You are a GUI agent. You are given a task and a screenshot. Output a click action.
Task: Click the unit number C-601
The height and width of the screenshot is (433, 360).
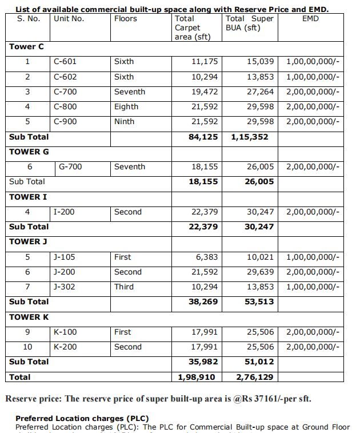pyautogui.click(x=65, y=62)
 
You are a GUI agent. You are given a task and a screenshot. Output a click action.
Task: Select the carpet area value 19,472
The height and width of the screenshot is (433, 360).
pyautogui.click(x=204, y=92)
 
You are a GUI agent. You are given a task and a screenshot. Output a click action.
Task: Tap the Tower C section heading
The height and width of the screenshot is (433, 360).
pyautogui.click(x=26, y=46)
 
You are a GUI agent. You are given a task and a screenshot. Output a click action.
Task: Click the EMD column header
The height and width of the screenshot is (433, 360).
pyautogui.click(x=310, y=19)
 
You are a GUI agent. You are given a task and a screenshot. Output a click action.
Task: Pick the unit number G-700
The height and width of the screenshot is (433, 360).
pyautogui.click(x=70, y=167)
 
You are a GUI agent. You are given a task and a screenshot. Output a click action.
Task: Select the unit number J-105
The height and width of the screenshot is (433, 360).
pyautogui.click(x=65, y=257)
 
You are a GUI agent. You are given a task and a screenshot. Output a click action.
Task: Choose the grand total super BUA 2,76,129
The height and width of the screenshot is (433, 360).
pyautogui.click(x=255, y=377)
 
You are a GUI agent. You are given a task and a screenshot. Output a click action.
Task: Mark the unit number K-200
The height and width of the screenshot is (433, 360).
pyautogui.click(x=66, y=347)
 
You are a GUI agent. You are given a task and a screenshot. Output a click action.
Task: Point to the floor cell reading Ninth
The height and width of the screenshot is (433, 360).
pyautogui.click(x=125, y=121)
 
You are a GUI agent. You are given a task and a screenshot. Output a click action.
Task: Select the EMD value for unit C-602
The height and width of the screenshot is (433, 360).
pyautogui.click(x=313, y=77)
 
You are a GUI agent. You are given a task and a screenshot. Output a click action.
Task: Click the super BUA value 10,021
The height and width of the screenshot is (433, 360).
pyautogui.click(x=260, y=257)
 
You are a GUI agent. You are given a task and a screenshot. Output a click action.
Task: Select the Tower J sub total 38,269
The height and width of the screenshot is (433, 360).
pyautogui.click(x=203, y=301)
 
